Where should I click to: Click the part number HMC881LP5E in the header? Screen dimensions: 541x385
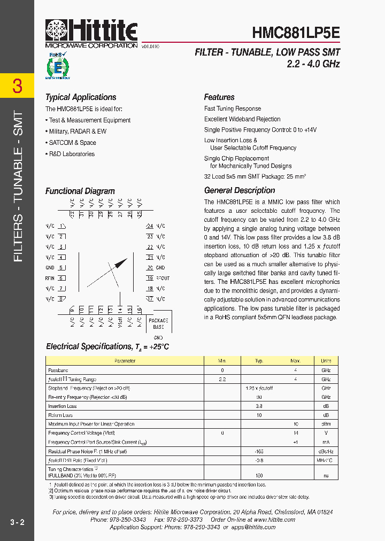click(x=295, y=33)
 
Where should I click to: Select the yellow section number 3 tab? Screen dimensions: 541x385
click(x=17, y=86)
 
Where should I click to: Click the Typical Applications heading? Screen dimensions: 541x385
click(x=81, y=97)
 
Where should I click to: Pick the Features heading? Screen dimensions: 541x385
click(x=219, y=97)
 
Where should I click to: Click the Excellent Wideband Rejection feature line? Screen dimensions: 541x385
click(x=242, y=119)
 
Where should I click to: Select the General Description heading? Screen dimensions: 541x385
click(x=240, y=190)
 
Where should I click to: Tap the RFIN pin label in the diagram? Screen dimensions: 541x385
click(x=50, y=279)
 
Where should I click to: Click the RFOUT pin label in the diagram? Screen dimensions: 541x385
click(x=162, y=279)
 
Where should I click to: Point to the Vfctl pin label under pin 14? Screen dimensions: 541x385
click(x=120, y=322)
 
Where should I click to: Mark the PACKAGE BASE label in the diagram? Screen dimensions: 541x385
click(x=158, y=323)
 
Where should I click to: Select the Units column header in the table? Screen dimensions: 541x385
click(x=326, y=361)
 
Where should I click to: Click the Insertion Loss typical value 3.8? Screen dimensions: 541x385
click(x=259, y=406)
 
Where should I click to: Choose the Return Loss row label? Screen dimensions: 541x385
click(x=60, y=415)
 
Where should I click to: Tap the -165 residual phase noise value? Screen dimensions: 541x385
click(x=259, y=451)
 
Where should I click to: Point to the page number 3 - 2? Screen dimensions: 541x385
click(x=17, y=522)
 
